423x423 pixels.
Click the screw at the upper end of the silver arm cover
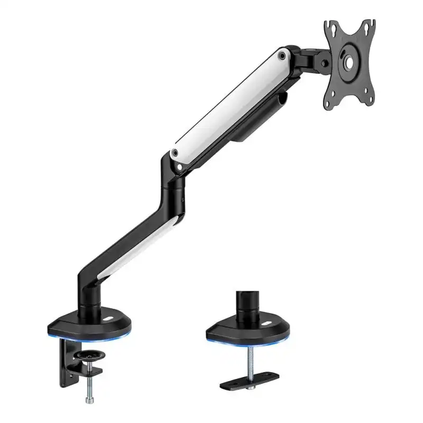pos(283,54)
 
